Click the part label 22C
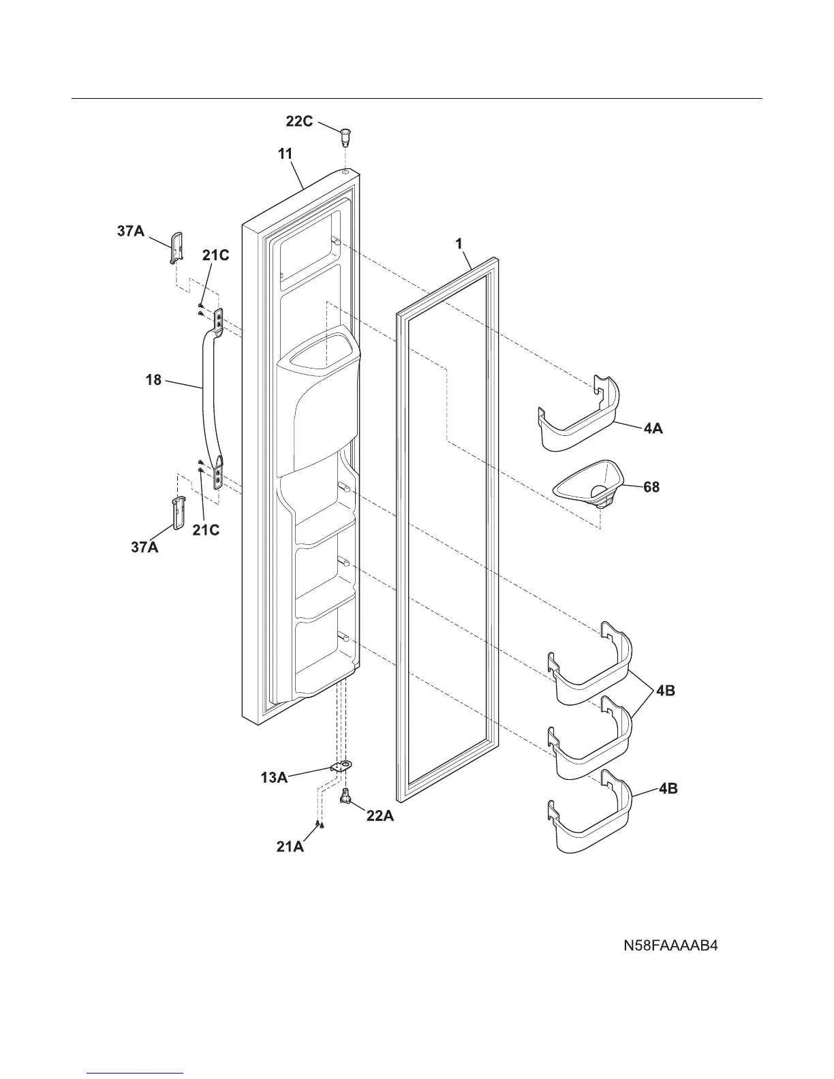[299, 123]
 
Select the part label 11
[285, 154]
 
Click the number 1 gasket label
[459, 243]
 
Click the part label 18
[154, 379]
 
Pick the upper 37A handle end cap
[176, 246]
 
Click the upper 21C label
[215, 255]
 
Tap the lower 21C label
[205, 529]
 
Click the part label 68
[651, 488]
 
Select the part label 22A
[380, 815]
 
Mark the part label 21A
[290, 847]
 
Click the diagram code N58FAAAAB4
[671, 945]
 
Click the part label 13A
[274, 777]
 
